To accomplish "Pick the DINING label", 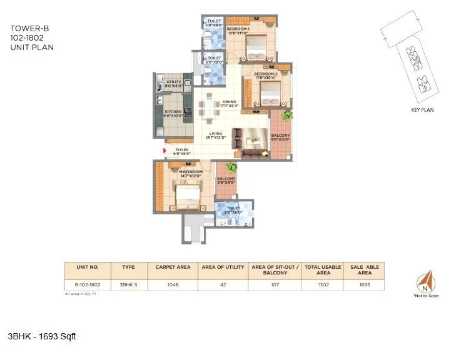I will (229, 103).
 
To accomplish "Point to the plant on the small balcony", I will (231, 167).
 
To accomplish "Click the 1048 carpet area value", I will (172, 284).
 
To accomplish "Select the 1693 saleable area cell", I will (365, 284).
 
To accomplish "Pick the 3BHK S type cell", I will (128, 284).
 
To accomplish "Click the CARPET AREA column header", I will (172, 267).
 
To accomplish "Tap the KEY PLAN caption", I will (422, 110).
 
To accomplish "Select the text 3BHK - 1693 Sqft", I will (43, 336).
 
